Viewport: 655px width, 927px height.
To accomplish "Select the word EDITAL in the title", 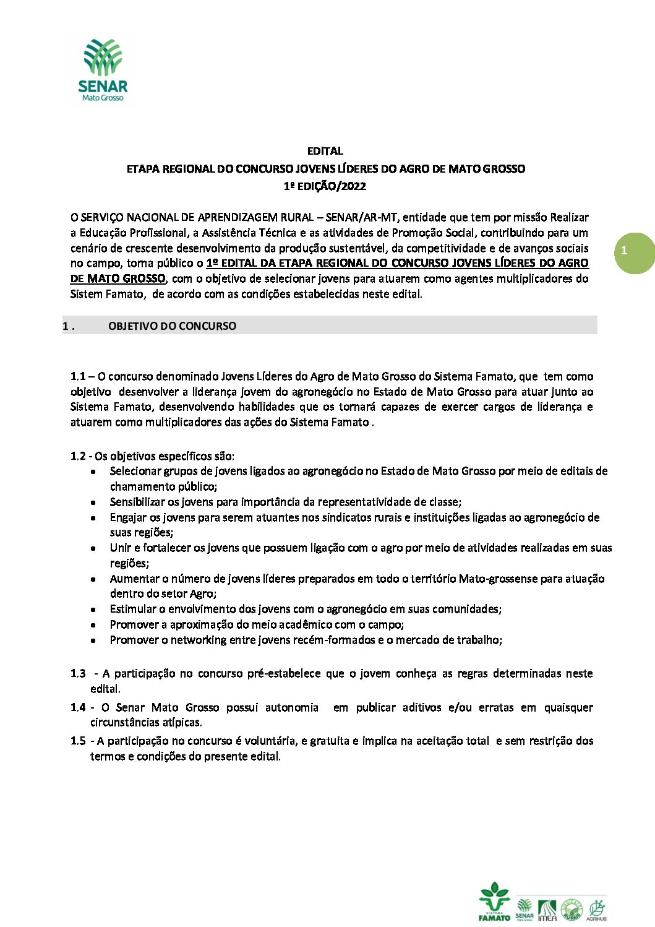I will [x=325, y=151].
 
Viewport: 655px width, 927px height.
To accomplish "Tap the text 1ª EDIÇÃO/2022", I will [x=325, y=186].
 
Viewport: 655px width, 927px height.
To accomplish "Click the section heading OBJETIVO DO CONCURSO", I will [x=172, y=326].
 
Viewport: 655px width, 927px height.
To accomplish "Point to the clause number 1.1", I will [x=78, y=376].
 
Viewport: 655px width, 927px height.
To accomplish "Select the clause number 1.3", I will [x=78, y=673].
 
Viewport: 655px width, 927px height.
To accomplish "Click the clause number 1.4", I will [x=78, y=707].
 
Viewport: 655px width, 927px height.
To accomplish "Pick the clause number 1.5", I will [x=78, y=741].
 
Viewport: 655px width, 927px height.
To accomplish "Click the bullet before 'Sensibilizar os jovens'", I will [x=93, y=502].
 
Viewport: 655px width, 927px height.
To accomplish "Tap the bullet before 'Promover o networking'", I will [x=93, y=640].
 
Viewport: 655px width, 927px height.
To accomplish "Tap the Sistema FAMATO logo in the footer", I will [x=494, y=902].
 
